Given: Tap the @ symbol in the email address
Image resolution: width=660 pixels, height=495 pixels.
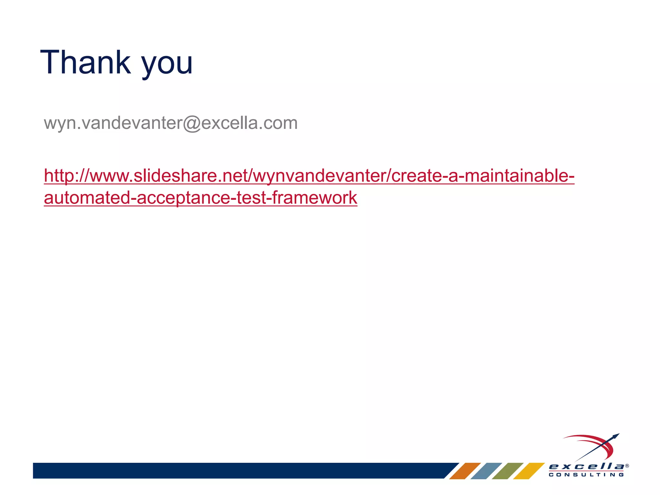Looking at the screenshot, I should coord(191,123).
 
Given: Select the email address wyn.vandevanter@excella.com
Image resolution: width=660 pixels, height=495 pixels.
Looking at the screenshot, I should coord(171,123).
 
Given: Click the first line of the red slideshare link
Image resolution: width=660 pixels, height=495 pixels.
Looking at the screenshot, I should coord(309,176).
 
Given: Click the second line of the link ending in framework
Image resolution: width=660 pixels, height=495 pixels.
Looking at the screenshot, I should coord(200,198).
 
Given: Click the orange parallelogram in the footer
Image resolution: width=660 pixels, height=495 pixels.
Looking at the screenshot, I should coord(465,471).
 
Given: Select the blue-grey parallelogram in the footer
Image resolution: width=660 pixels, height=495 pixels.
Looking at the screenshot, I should coord(486,471).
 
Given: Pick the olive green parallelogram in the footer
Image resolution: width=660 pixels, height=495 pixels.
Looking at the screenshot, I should coord(508,471).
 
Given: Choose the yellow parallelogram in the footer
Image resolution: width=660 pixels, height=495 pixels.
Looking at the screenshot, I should coord(529,471).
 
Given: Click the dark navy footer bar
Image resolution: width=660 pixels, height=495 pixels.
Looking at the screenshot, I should coord(238,471).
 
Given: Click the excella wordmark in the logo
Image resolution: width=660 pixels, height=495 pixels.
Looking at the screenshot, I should coord(586,466).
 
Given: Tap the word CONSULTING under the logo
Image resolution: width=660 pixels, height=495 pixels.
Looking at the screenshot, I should coord(586,475).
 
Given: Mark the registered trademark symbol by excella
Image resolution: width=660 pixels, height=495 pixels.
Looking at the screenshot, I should coord(627,466).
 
